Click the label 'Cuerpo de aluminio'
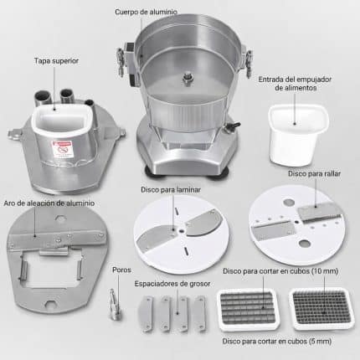point(146,12)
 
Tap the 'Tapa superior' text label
point(56,61)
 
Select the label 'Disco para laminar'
point(171,190)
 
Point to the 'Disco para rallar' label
point(314,173)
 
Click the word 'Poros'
point(121,270)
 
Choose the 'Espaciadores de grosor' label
point(172,284)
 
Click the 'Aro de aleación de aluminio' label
point(49,203)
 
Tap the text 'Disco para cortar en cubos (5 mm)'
point(277,341)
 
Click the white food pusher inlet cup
point(298,135)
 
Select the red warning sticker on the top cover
point(63,149)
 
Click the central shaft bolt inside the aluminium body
point(188,78)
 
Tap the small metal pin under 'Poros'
point(115,304)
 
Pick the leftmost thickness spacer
point(146,314)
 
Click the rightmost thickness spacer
point(200,313)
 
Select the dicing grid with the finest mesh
point(321,309)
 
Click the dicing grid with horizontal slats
point(247,309)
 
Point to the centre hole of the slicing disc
point(182,231)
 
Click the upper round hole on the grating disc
point(289,203)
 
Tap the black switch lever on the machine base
point(234,126)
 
